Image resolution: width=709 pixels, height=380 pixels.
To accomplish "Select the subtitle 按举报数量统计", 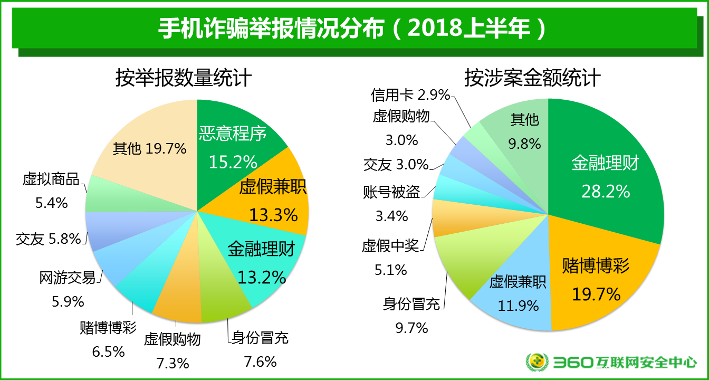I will click(x=184, y=79).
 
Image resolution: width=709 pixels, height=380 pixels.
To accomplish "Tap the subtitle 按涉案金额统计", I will click(x=532, y=79).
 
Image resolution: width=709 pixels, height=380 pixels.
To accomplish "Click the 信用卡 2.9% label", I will click(x=410, y=95).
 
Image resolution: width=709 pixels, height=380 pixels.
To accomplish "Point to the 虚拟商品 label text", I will click(x=51, y=179).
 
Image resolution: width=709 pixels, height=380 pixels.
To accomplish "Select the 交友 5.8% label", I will click(x=49, y=239).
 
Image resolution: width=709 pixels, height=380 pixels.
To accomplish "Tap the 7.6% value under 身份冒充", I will click(x=260, y=362).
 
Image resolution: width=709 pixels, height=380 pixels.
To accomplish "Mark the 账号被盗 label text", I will click(x=391, y=192).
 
